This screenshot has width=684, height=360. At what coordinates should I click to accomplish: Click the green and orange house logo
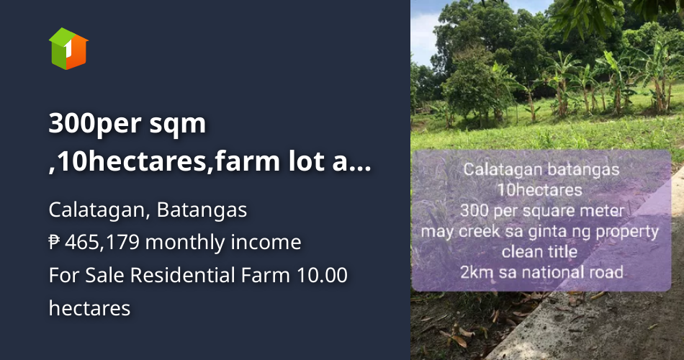[x=68, y=48]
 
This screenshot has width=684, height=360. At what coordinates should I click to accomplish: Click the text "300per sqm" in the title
[x=127, y=124]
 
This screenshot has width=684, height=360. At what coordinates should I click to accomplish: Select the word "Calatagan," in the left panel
[x=99, y=210]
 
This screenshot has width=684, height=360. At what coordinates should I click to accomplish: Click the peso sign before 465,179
[x=55, y=243]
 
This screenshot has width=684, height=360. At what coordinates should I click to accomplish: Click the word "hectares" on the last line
[x=89, y=308]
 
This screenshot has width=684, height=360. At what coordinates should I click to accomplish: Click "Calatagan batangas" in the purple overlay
[x=541, y=170]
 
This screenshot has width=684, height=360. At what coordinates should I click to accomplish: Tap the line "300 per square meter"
[x=542, y=211]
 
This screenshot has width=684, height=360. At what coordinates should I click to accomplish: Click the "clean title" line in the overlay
[x=540, y=252]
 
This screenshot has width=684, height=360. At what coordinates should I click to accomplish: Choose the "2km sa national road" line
[x=542, y=272]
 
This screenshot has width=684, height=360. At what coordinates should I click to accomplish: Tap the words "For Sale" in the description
[x=77, y=275]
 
